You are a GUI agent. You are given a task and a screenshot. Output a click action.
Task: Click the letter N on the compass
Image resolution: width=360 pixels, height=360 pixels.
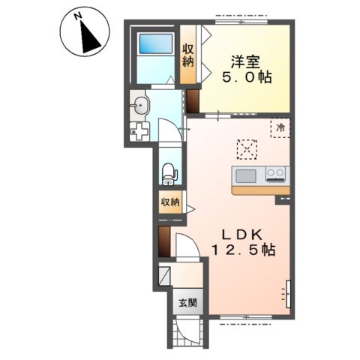point(79,16)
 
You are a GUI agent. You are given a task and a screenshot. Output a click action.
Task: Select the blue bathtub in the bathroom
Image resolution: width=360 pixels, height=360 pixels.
point(156,43)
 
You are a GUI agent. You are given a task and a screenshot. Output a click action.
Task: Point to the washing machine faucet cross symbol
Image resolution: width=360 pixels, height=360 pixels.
point(139,131)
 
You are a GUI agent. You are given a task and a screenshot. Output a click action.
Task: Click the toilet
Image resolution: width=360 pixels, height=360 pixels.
point(170,174)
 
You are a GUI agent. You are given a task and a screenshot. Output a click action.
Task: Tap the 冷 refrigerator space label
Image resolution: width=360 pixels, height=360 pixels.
point(280,127)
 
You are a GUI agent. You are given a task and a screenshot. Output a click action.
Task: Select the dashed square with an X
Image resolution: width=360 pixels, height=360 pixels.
point(247,149)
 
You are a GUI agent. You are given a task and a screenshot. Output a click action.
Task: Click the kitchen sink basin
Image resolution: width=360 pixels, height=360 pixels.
point(246,176)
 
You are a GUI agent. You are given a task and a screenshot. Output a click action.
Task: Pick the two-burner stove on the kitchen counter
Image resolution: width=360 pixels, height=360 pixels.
point(275,174)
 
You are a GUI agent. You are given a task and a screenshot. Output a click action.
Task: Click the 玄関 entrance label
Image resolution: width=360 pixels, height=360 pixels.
point(188,303)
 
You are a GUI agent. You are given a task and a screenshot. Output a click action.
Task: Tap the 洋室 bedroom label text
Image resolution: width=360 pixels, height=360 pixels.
point(245,61)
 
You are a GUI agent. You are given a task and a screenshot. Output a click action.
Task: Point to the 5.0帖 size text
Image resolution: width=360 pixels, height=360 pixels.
point(247,78)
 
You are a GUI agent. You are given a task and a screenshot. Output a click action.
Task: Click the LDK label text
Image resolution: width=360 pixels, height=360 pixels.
point(243,235)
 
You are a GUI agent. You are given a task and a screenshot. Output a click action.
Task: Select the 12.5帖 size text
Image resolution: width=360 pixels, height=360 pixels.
point(244,250)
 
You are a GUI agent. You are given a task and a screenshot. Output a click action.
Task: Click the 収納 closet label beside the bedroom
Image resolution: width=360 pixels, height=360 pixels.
point(188,55)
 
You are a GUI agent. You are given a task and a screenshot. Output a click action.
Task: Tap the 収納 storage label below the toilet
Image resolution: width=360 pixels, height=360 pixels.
point(170,202)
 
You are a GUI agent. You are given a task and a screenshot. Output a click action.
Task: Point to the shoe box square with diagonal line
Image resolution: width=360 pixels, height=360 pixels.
point(164,276)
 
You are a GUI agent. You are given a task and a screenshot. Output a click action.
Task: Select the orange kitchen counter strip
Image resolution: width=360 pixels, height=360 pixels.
point(261,190)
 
